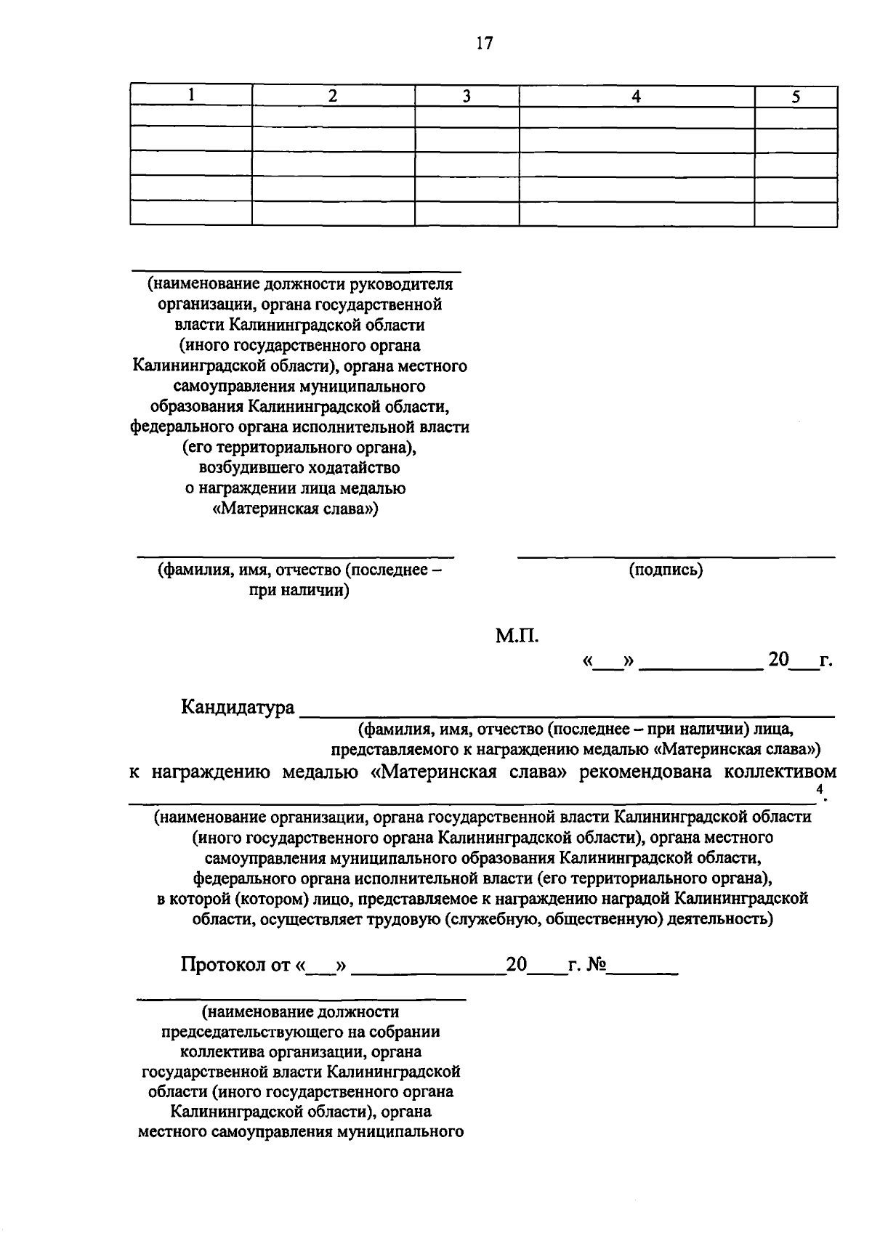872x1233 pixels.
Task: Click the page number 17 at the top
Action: point(485,44)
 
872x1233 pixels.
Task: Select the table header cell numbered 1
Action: point(191,95)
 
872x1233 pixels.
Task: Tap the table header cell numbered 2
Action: point(333,96)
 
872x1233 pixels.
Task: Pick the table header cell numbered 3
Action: point(467,96)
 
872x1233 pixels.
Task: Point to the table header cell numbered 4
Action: point(636,96)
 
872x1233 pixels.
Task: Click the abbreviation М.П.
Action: point(517,636)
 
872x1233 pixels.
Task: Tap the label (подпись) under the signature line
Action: point(666,570)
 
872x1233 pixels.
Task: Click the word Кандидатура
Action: point(238,707)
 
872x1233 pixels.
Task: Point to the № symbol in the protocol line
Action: point(596,965)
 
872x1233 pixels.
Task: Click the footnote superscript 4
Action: point(820,790)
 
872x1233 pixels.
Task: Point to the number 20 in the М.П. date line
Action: point(778,660)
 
